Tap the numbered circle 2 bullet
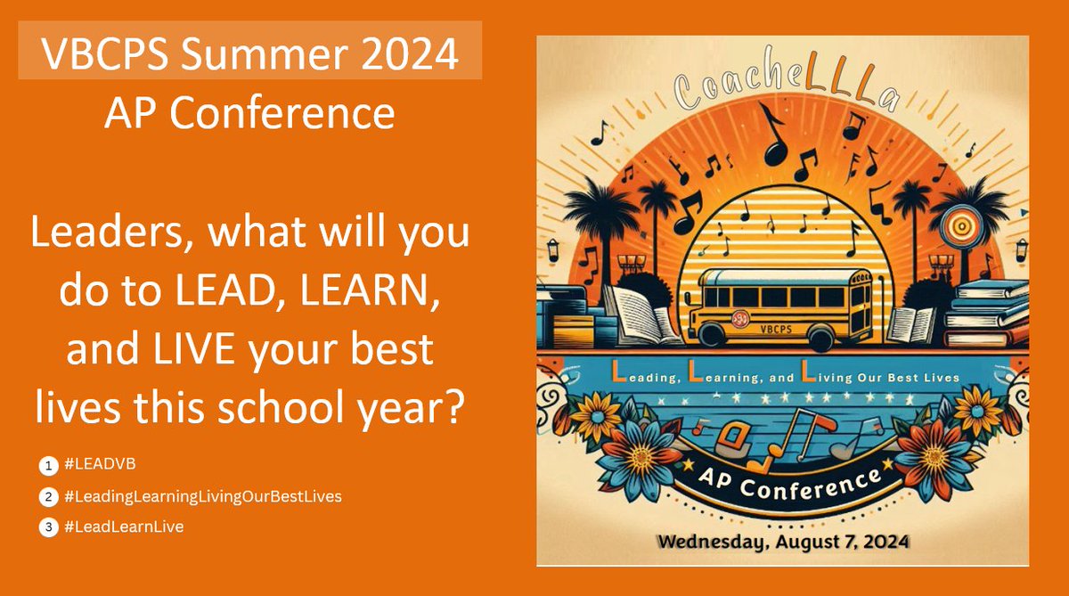point(48,495)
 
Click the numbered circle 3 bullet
point(48,527)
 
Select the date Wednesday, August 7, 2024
point(783,540)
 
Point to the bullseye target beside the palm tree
point(961,228)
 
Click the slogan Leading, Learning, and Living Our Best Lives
point(784,378)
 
